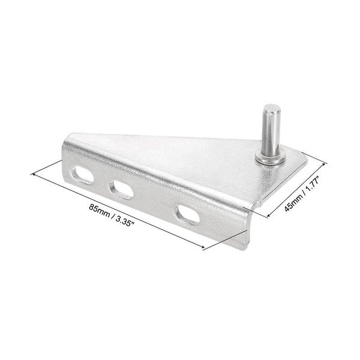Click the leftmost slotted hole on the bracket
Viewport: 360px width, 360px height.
(x=82, y=175)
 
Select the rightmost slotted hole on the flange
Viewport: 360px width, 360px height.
(x=188, y=214)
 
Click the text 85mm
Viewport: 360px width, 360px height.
(x=100, y=211)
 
